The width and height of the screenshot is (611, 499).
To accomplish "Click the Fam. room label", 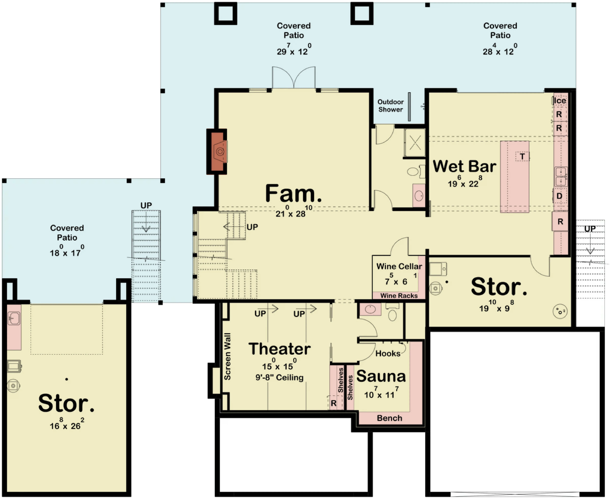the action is pos(293,193).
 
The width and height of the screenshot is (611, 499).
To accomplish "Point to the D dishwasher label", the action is pos(559,196).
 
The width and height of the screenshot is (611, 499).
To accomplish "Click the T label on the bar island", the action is pos(522,157).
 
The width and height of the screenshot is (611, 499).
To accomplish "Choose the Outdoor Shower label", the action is pos(390,106).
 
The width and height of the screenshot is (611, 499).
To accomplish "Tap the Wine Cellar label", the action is pos(399,267).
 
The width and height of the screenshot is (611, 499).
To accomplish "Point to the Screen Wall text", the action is pos(227,356).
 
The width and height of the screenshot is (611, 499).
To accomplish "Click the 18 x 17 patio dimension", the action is pos(67,251).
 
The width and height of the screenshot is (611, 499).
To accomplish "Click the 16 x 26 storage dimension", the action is pos(67,424).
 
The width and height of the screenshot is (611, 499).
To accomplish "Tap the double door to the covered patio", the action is pos(294,77).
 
